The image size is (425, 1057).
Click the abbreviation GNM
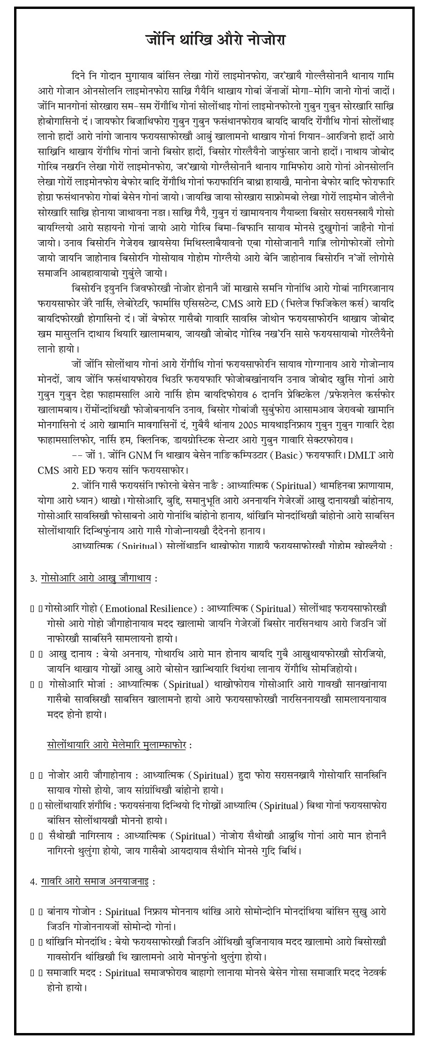click(137, 455)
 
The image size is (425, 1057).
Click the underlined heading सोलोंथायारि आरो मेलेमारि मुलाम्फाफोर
click(116, 745)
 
